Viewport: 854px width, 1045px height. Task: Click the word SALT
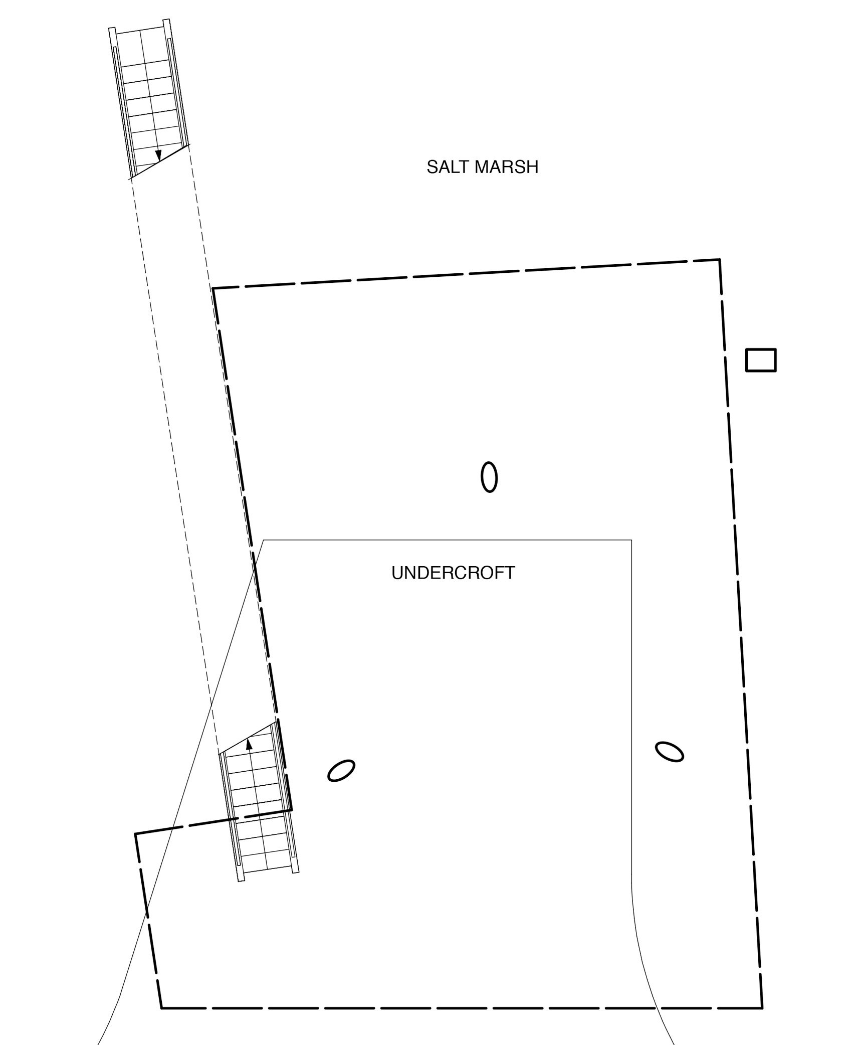pos(447,167)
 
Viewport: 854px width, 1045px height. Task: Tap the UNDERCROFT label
pos(453,573)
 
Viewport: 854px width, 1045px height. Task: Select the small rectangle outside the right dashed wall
pos(761,360)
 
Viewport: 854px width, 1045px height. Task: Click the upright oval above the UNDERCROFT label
pos(489,477)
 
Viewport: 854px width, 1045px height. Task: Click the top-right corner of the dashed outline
pos(720,259)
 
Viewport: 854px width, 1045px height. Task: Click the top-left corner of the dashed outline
pos(213,288)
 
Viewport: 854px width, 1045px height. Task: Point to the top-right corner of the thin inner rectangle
pos(631,540)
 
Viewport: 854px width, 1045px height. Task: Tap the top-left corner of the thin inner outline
pos(264,540)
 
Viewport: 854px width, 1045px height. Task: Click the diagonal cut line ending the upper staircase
pos(159,161)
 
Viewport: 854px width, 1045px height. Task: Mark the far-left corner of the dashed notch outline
pos(135,833)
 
